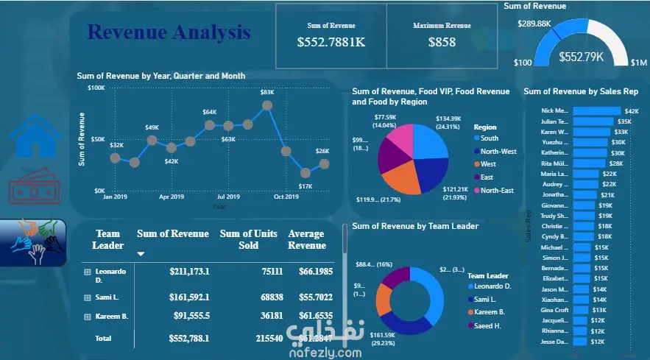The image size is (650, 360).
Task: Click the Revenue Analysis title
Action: coord(168,32)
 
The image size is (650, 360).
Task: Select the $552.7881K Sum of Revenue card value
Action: coord(331,43)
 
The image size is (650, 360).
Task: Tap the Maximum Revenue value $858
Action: coord(442,43)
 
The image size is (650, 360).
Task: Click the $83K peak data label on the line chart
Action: coord(266,92)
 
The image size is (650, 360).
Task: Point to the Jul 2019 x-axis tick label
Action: coord(228,197)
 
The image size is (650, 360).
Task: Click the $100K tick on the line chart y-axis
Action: coord(96,88)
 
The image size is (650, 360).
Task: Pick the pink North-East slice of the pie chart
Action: coord(400,139)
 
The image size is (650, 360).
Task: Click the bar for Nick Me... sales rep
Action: coord(596,110)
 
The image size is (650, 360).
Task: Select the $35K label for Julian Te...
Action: coord(624,121)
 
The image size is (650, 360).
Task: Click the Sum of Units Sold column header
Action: coord(248,239)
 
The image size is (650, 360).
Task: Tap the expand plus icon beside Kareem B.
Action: coord(88,317)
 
